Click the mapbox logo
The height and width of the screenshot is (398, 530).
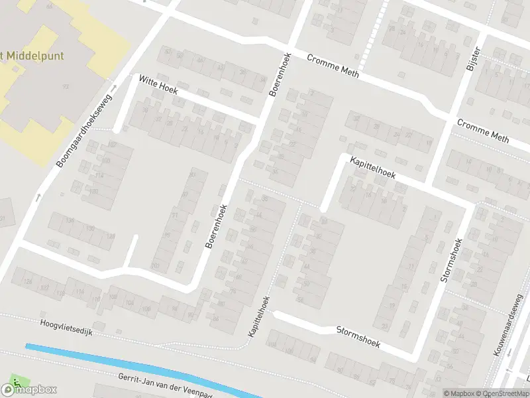29,389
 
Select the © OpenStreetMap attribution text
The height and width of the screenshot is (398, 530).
503,393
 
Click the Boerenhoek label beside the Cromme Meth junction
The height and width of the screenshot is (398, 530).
280,75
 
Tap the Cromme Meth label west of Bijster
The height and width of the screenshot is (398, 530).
333,66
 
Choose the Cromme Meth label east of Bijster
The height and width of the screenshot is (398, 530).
483,131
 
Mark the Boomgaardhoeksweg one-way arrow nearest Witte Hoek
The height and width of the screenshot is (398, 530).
113,88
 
